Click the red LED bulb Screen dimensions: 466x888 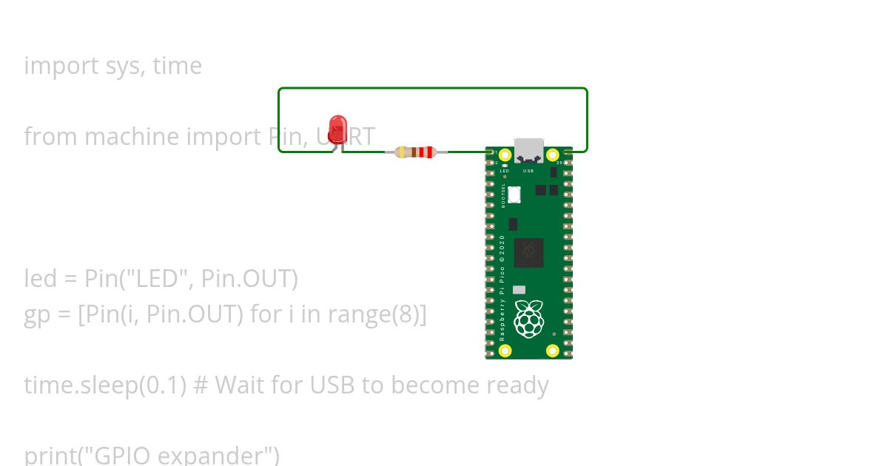point(337,129)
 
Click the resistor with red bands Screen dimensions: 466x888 point(415,152)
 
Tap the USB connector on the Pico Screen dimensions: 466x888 point(528,150)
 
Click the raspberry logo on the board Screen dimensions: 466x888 point(528,319)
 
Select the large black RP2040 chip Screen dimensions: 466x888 point(529,253)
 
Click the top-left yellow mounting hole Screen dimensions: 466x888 point(505,155)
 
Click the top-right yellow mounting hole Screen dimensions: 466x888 point(552,155)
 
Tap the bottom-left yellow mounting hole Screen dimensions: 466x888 point(505,351)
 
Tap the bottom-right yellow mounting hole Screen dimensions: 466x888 point(552,351)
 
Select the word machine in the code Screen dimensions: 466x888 point(132,137)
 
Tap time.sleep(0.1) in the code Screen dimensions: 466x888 point(105,385)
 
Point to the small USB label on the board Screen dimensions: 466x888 point(528,171)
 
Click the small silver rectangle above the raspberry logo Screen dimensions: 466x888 point(519,290)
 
